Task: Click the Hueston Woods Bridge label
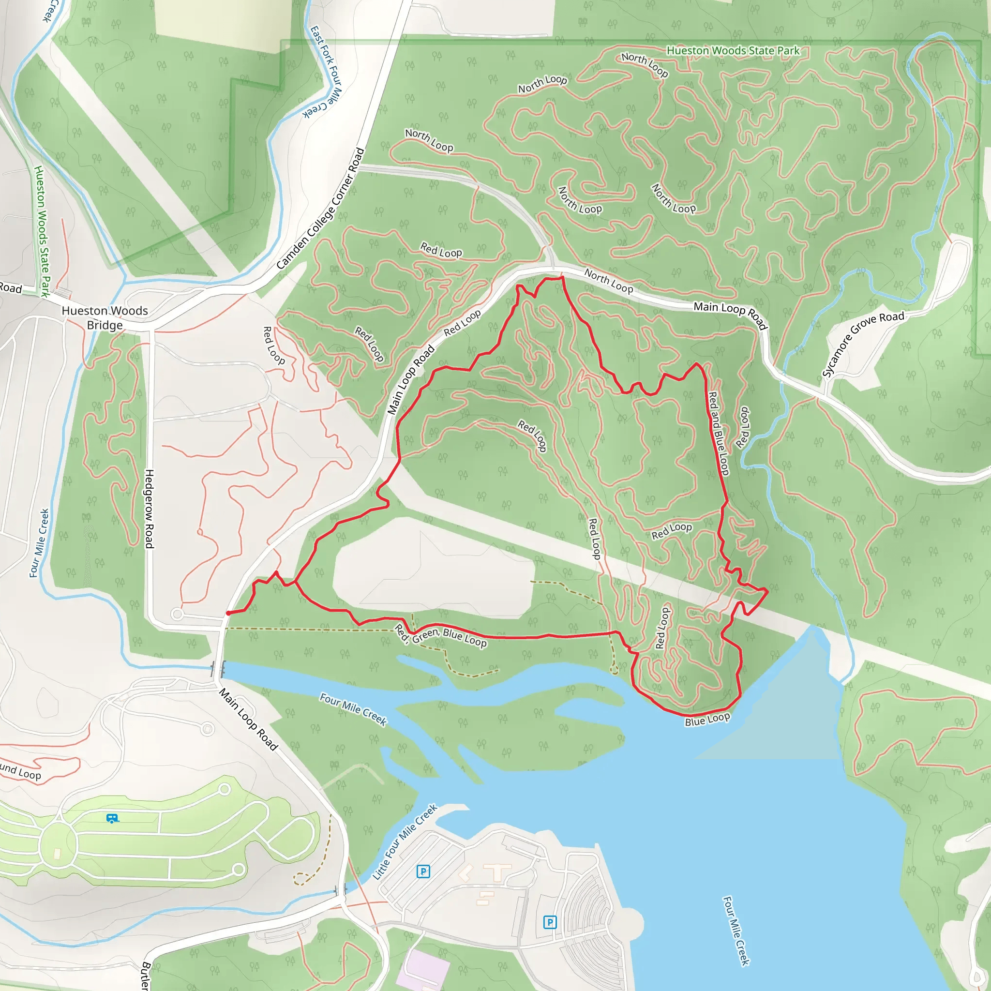click(105, 317)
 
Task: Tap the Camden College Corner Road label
click(321, 209)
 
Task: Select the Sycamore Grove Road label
click(863, 343)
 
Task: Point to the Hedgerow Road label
click(149, 509)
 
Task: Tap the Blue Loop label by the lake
click(707, 719)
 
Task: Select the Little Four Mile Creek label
click(405, 841)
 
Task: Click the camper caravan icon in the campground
click(112, 818)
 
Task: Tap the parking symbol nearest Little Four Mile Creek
click(423, 871)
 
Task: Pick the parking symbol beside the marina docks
click(550, 922)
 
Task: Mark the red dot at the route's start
click(228, 613)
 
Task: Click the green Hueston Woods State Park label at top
click(733, 51)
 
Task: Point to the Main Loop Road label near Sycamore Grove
click(730, 315)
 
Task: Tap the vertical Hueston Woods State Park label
click(42, 231)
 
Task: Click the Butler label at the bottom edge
click(146, 977)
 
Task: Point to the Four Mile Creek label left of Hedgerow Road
click(40, 543)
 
